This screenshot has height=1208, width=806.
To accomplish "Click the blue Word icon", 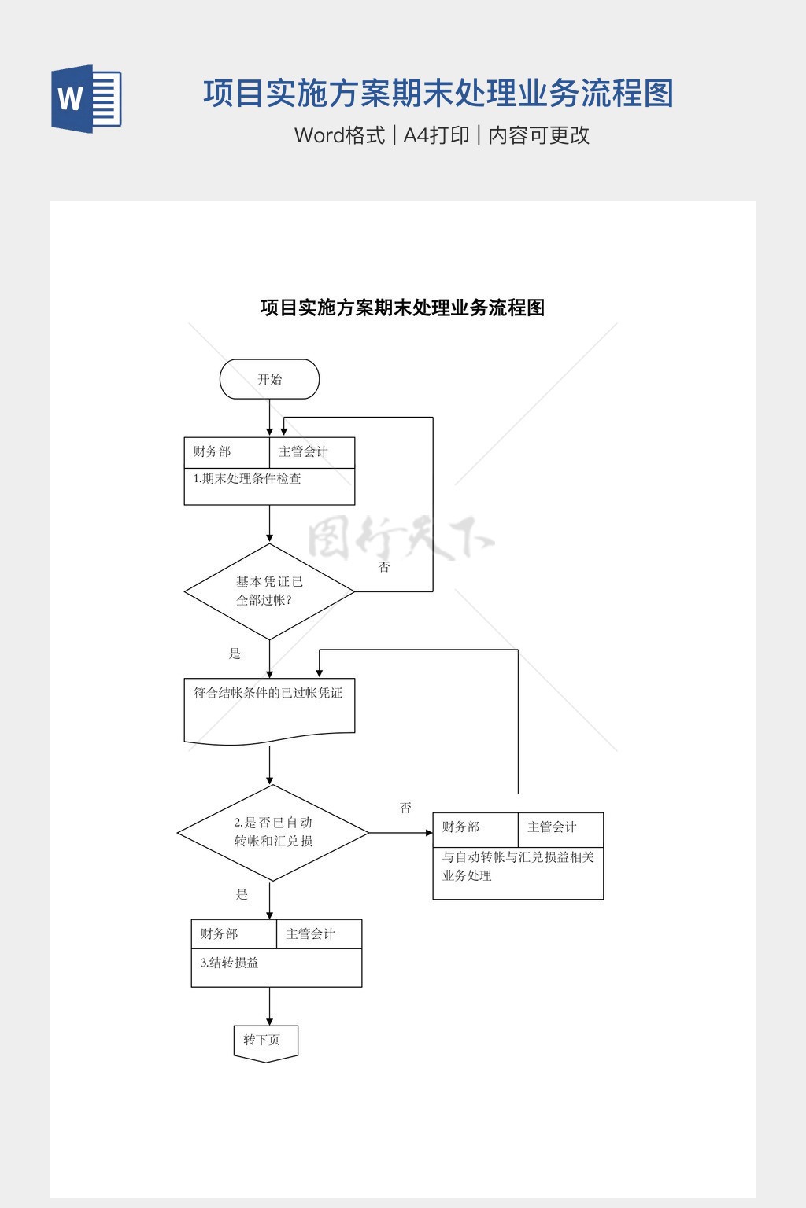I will click(87, 99).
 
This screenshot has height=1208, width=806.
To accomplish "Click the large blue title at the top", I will click(438, 94).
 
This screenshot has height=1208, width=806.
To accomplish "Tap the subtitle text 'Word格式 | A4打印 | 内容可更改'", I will click(442, 135).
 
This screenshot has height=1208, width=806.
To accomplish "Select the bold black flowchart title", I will click(402, 308).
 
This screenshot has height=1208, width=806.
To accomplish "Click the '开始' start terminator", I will click(269, 379).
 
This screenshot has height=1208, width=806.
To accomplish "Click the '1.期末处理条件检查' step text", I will click(247, 478).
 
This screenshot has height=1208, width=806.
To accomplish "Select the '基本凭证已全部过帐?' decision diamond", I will click(269, 591).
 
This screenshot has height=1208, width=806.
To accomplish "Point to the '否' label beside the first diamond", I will click(384, 567).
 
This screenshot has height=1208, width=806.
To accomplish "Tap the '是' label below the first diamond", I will click(235, 654).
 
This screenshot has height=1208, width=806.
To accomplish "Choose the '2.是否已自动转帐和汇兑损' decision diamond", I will click(272, 832).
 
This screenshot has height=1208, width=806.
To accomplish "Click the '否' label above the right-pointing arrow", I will click(405, 808).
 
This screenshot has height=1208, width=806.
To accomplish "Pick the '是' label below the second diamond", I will click(242, 894).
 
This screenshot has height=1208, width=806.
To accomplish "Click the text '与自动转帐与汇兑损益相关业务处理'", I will click(517, 866).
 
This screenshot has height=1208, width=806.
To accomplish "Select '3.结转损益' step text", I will click(230, 963).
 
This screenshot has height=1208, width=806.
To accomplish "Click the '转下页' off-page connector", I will click(265, 1042).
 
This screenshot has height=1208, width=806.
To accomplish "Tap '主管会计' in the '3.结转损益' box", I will click(310, 934).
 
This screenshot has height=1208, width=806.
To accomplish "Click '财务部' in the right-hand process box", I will click(460, 827).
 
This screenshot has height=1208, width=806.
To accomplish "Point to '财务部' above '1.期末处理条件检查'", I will click(213, 451).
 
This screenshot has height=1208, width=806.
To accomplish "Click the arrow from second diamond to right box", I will click(401, 832).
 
